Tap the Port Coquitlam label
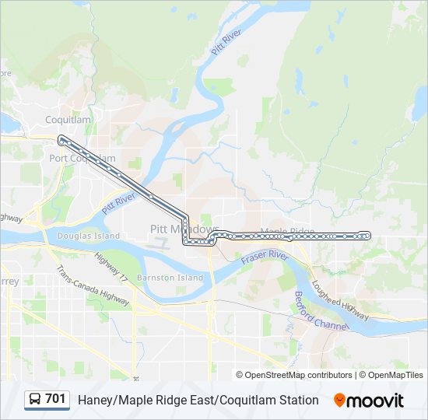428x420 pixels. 82,158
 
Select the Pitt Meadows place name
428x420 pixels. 184,229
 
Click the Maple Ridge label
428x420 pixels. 287,232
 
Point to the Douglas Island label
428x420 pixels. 89,236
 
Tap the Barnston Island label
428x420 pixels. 170,277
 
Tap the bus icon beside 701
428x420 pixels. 35,400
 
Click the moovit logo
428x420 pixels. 369,400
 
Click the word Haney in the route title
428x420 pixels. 95,400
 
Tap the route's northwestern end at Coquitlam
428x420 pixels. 61,139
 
